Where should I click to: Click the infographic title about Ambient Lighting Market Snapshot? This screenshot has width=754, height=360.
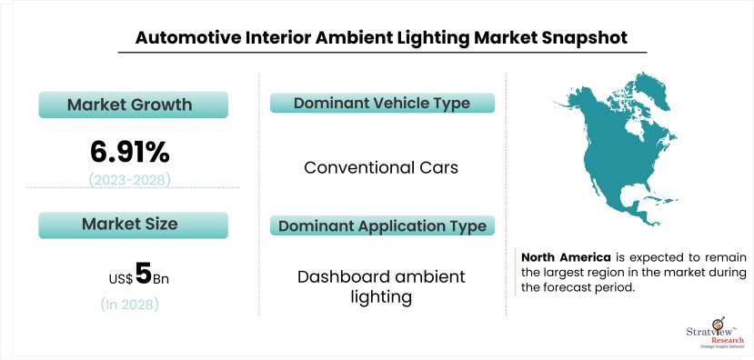[x=376, y=37]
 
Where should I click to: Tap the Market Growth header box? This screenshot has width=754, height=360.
[x=129, y=105]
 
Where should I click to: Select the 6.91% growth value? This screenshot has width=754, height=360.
[x=129, y=150]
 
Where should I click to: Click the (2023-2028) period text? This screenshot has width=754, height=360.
[x=129, y=179]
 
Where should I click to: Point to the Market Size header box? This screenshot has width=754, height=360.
[x=129, y=224]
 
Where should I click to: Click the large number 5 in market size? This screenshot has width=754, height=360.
[x=142, y=274]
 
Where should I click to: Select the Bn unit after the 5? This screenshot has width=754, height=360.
[x=160, y=277]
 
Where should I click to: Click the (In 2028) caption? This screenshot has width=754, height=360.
[x=129, y=305]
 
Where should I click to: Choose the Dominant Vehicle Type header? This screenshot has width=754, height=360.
[x=381, y=103]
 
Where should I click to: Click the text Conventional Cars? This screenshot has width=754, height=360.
[x=381, y=167]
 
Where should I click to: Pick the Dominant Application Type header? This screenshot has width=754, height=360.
[x=381, y=225]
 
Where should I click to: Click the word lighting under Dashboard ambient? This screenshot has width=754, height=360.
[x=381, y=297]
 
